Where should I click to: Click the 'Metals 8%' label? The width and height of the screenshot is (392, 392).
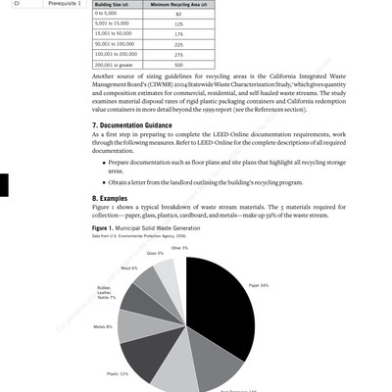[x=102, y=326]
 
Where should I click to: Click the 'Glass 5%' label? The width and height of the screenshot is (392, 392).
[x=155, y=253]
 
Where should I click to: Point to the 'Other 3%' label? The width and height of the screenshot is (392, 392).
[x=179, y=248]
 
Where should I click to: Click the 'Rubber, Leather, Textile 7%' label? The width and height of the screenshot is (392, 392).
[x=105, y=292]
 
